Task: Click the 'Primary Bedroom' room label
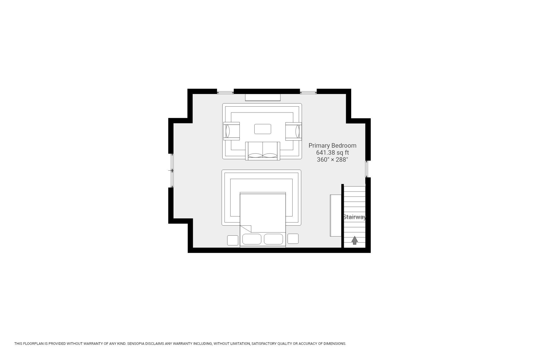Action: tap(332, 145)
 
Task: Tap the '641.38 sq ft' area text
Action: tap(332, 152)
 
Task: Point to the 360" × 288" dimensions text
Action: tap(332, 159)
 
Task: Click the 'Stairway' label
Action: tap(355, 217)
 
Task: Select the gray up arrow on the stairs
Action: tap(355, 240)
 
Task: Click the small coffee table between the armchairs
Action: tap(262, 129)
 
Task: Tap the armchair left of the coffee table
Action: tap(231, 131)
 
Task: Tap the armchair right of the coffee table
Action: tap(293, 131)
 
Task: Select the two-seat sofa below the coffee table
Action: tap(262, 151)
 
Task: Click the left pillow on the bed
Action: tap(252, 239)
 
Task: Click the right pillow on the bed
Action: tap(273, 239)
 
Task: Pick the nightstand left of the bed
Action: tap(232, 240)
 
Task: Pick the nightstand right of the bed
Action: tap(293, 239)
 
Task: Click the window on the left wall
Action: tap(172, 170)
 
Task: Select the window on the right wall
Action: tap(366, 169)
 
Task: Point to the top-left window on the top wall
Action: tap(225, 92)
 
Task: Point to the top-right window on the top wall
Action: tap(308, 92)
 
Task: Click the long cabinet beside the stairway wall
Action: tap(335, 215)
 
